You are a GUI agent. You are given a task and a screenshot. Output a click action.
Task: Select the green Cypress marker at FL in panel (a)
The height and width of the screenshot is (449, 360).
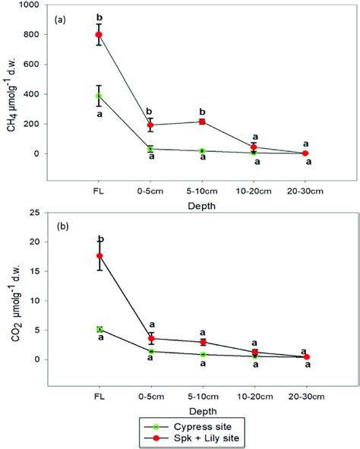[x=99, y=96]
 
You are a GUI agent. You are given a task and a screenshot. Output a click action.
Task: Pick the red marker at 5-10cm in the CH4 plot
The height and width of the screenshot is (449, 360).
[x=202, y=122]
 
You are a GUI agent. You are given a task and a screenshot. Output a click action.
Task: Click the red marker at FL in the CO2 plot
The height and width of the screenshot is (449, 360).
[x=99, y=256]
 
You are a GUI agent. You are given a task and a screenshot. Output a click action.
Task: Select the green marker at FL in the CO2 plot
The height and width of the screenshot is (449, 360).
[x=99, y=329]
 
